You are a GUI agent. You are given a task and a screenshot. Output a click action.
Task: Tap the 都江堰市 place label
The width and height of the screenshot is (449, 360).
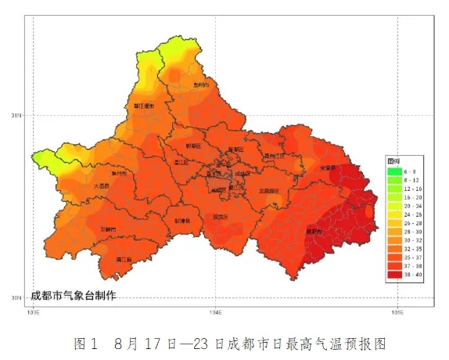142,105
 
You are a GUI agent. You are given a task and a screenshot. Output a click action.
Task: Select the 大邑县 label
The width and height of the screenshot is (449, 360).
101,187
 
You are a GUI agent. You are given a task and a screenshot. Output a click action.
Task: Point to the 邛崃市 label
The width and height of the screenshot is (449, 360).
109,229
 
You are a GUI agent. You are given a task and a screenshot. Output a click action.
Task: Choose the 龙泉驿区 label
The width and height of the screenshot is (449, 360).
269,190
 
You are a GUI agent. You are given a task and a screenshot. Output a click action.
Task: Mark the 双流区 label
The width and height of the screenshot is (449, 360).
221,217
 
